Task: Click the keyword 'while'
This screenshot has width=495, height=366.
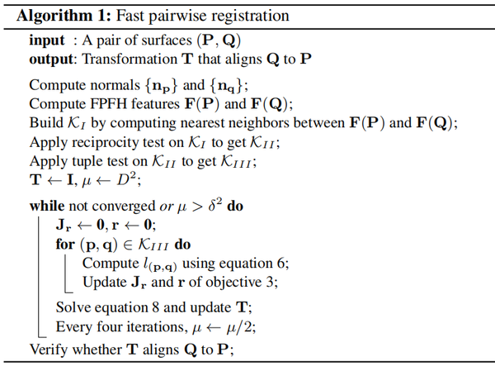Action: pos(48,205)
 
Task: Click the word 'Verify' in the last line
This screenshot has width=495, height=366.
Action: pos(49,349)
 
